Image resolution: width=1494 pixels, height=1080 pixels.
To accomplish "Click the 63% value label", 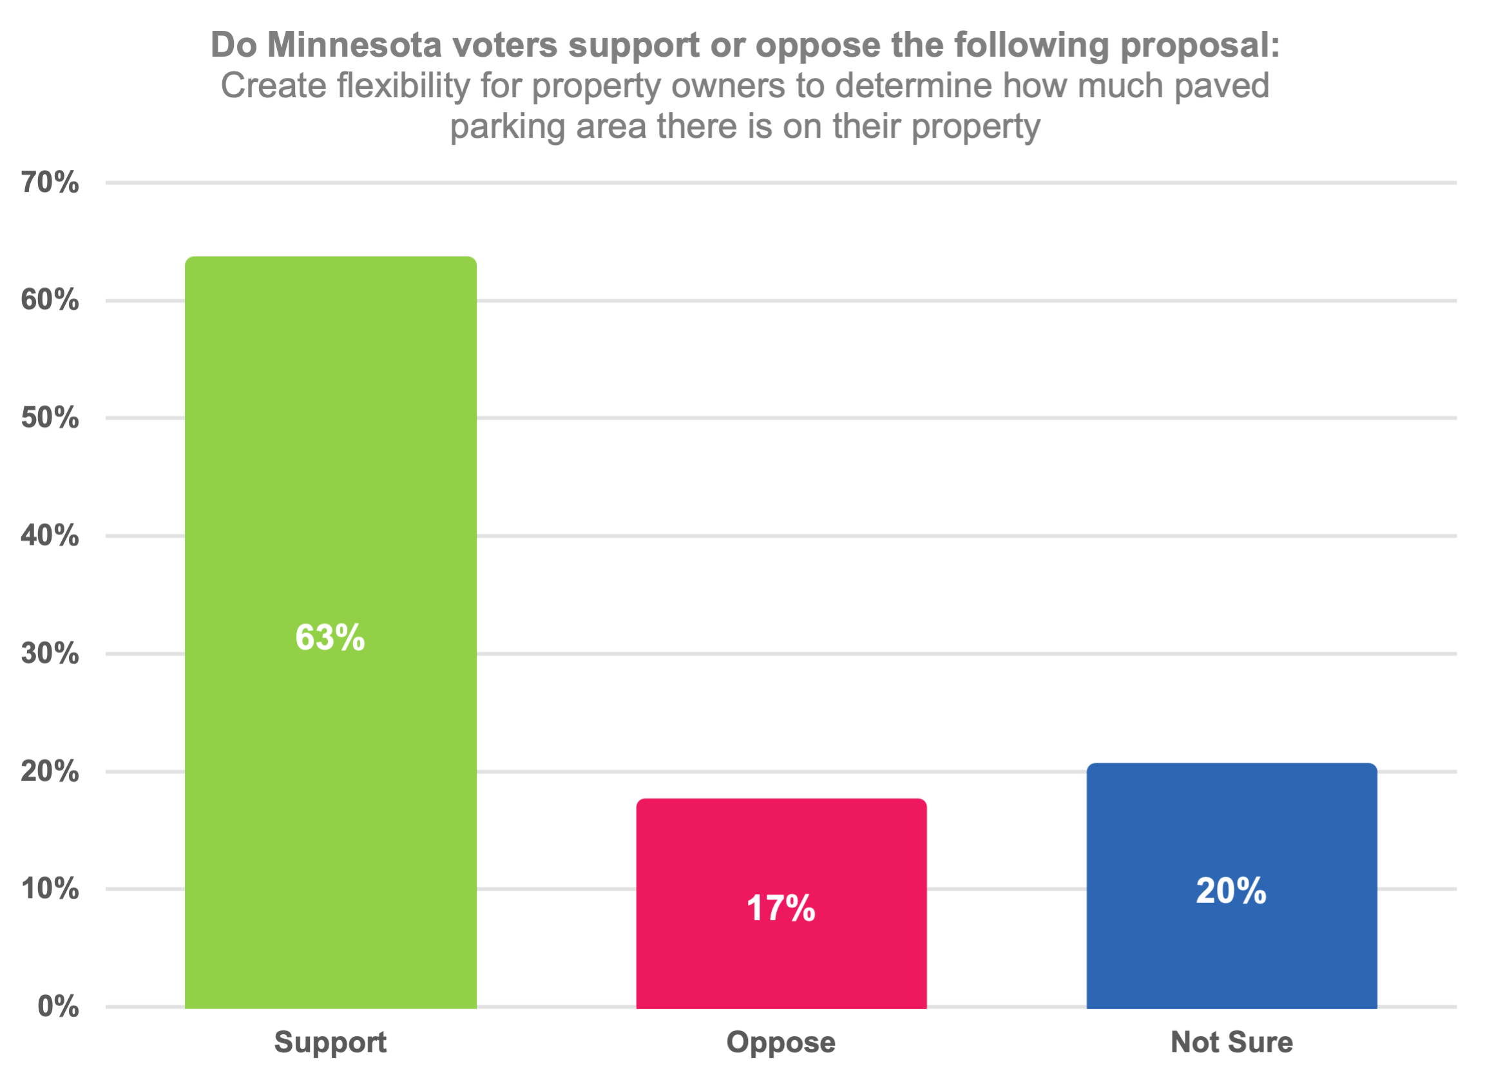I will (330, 638).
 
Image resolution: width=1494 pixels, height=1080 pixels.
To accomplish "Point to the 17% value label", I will (781, 908).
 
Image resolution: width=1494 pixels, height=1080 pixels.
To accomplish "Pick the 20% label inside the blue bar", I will (1231, 891).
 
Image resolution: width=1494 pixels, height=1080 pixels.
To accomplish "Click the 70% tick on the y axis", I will (50, 182).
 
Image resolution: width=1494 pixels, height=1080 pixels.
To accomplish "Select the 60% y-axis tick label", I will (50, 300).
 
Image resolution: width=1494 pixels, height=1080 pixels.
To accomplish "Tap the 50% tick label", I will (50, 417).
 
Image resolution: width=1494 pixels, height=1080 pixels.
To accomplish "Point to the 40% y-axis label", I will (50, 535).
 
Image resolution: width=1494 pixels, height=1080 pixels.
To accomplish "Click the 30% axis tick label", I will (50, 653).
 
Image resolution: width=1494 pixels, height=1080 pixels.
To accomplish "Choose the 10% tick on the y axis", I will (50, 889).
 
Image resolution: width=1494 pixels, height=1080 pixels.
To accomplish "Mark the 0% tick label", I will (58, 1006).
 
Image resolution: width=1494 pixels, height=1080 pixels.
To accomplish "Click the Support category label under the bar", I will (330, 1043).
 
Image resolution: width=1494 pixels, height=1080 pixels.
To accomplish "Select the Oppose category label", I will (781, 1043).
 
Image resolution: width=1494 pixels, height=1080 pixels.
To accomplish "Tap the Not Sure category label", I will (1232, 1043).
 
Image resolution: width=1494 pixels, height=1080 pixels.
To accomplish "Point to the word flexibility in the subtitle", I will (404, 86).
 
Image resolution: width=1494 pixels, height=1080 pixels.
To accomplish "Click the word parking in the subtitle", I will (507, 126).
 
